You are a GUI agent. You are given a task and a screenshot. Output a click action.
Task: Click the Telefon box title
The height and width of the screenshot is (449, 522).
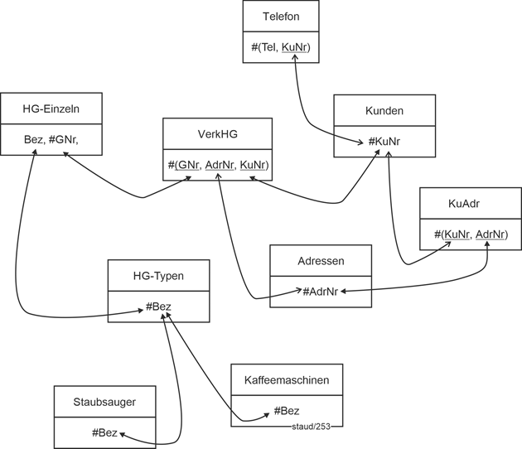click(281, 16)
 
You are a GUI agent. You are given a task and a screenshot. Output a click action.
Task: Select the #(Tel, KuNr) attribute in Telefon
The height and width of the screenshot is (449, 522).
click(281, 47)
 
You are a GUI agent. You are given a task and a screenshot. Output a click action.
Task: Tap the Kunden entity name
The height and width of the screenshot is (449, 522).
click(384, 110)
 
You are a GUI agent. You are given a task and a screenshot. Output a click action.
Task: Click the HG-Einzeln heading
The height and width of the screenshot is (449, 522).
click(51, 108)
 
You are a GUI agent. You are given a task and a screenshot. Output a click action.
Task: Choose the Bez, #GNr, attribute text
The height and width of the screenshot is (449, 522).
click(51, 139)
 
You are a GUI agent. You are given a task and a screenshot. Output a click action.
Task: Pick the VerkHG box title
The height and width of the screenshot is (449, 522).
click(217, 133)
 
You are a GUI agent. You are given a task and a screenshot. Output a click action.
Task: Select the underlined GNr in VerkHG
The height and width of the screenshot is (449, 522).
click(188, 166)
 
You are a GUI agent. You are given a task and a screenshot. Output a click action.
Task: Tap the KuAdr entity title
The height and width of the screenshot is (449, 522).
click(470, 203)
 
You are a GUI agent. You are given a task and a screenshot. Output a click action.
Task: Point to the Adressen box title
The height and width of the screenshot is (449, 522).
click(321, 261)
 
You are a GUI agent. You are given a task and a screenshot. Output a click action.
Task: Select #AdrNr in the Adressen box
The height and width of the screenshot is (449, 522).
click(320, 292)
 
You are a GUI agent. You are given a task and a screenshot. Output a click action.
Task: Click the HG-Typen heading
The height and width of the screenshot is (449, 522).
click(158, 275)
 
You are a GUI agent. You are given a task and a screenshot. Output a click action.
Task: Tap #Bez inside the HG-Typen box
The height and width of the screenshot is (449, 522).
click(158, 307)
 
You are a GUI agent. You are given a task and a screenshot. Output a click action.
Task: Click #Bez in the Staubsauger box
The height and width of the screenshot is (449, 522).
click(105, 432)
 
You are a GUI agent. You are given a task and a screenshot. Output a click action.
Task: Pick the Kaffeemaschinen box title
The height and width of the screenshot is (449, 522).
click(288, 380)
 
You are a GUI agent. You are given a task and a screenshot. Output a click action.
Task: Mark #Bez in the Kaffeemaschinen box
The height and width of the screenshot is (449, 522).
click(286, 411)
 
